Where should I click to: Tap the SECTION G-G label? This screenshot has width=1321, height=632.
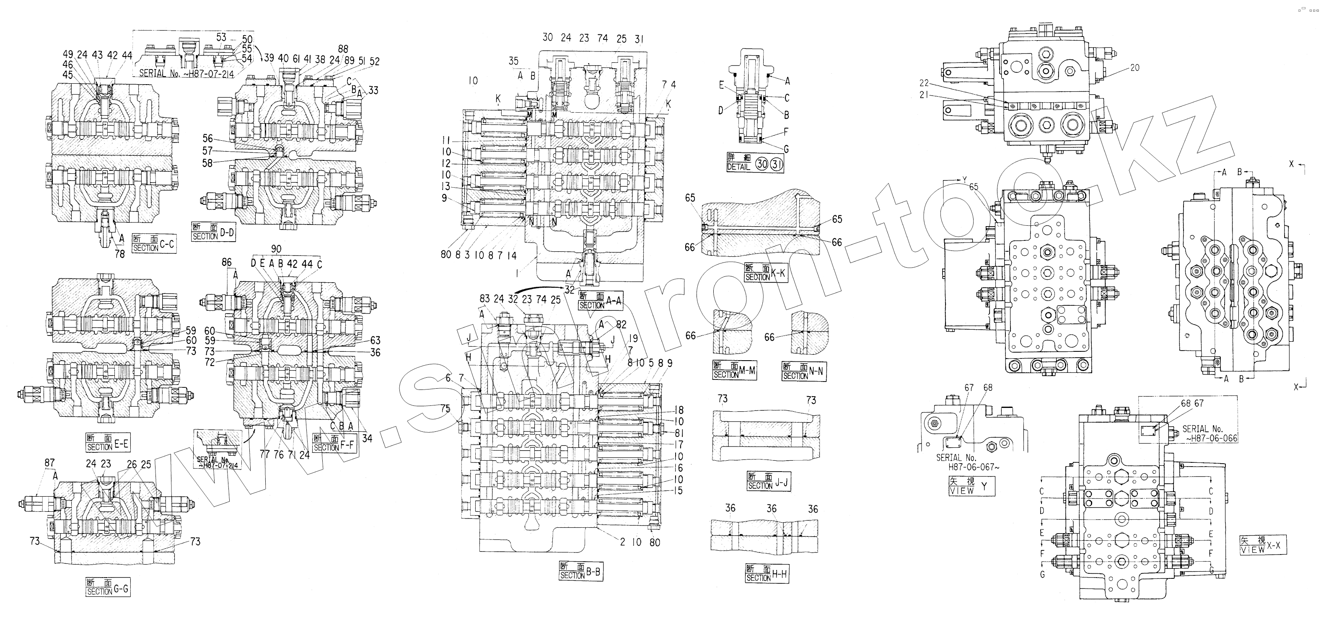click(x=107, y=586)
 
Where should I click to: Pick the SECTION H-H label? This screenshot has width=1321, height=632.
click(x=766, y=573)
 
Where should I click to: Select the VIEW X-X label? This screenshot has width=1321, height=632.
click(x=1263, y=545)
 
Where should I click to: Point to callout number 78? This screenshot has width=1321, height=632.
click(x=119, y=254)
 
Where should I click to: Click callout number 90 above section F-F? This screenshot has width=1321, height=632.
click(x=276, y=249)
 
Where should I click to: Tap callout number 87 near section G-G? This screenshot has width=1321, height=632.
click(x=49, y=463)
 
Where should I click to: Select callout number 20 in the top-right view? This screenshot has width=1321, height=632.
click(x=1135, y=67)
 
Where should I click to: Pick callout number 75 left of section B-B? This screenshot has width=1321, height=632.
click(x=445, y=408)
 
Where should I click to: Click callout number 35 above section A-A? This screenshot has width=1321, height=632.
click(x=513, y=62)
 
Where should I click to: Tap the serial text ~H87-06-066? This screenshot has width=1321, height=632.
click(x=1211, y=438)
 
